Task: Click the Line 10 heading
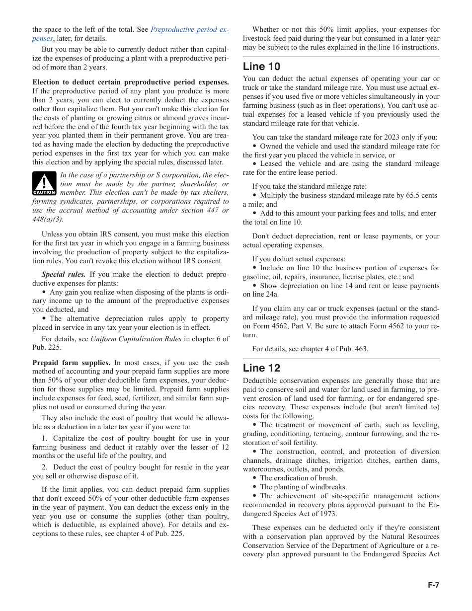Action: (x=261, y=67)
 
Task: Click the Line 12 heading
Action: (x=261, y=368)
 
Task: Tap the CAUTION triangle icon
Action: (x=44, y=183)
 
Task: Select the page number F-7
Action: (x=433, y=585)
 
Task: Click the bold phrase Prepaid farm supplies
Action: (x=72, y=363)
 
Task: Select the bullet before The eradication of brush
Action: (x=254, y=478)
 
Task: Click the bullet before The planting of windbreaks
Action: (x=254, y=487)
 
